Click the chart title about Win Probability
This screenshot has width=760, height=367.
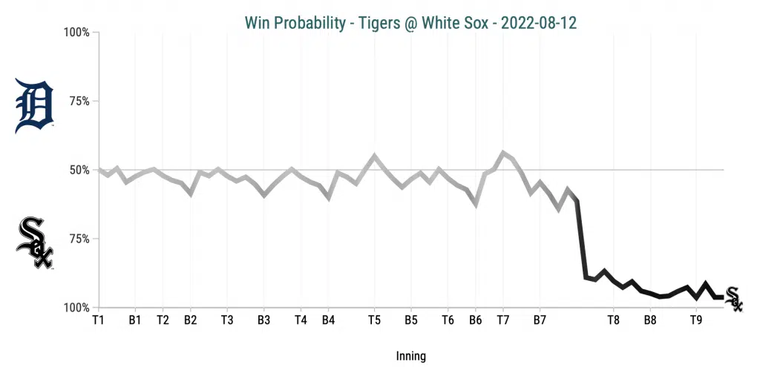tap(410, 23)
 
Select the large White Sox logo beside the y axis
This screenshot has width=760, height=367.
tap(35, 243)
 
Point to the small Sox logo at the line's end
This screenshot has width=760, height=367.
tap(733, 299)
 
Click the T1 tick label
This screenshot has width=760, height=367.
tap(98, 320)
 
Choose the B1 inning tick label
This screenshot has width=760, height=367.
tap(135, 320)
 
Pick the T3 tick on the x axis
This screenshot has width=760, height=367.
tap(227, 320)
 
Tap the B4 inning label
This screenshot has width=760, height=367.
tap(328, 320)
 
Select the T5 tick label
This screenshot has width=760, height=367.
tap(374, 320)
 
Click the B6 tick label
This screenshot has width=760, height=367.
tap(475, 320)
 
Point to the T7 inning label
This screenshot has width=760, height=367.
tap(502, 320)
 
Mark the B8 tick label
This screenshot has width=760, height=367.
tap(650, 320)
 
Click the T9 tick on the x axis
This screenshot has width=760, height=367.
tap(695, 320)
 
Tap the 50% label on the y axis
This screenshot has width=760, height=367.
tap(78, 170)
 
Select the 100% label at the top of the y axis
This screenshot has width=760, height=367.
tap(76, 33)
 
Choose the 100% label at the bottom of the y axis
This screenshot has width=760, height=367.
tap(76, 308)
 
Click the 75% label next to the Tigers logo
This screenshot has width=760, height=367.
tap(78, 101)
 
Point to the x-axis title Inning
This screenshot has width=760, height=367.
tap(410, 356)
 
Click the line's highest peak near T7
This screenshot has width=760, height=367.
tap(503, 153)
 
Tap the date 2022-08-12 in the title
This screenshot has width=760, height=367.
tap(539, 23)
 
